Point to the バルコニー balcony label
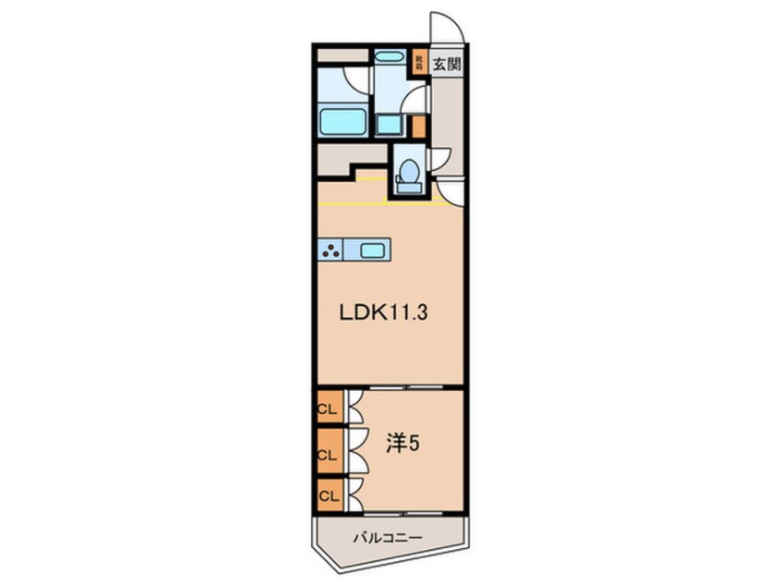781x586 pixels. pyautogui.click(x=387, y=537)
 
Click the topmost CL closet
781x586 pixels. pyautogui.click(x=327, y=408)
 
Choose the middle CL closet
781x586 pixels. pyautogui.click(x=327, y=453)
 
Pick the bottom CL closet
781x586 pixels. pyautogui.click(x=327, y=496)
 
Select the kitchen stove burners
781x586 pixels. pyautogui.click(x=330, y=249)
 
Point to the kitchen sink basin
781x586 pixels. pyautogui.click(x=372, y=249)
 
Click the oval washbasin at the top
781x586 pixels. pyautogui.click(x=390, y=56)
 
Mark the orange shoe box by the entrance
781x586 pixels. pyautogui.click(x=418, y=63)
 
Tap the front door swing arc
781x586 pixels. pyautogui.click(x=446, y=28)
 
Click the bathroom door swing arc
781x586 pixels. pyautogui.click(x=354, y=78)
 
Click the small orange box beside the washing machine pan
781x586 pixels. pyautogui.click(x=418, y=126)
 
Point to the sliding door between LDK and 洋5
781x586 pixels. pyautogui.click(x=403, y=387)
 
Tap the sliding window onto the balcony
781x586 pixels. pyautogui.click(x=403, y=512)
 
